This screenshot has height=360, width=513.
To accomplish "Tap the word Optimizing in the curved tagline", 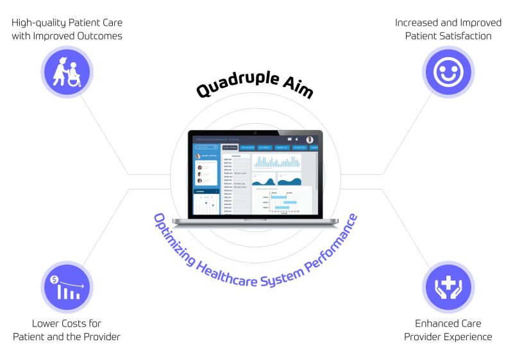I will point(169,234).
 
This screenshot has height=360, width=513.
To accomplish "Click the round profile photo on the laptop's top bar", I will point(310,140).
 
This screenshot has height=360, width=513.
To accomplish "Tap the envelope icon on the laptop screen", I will point(290,139).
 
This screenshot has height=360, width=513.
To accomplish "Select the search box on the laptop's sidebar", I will point(206,147).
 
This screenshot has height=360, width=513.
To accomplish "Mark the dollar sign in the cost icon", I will point(55,279).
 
